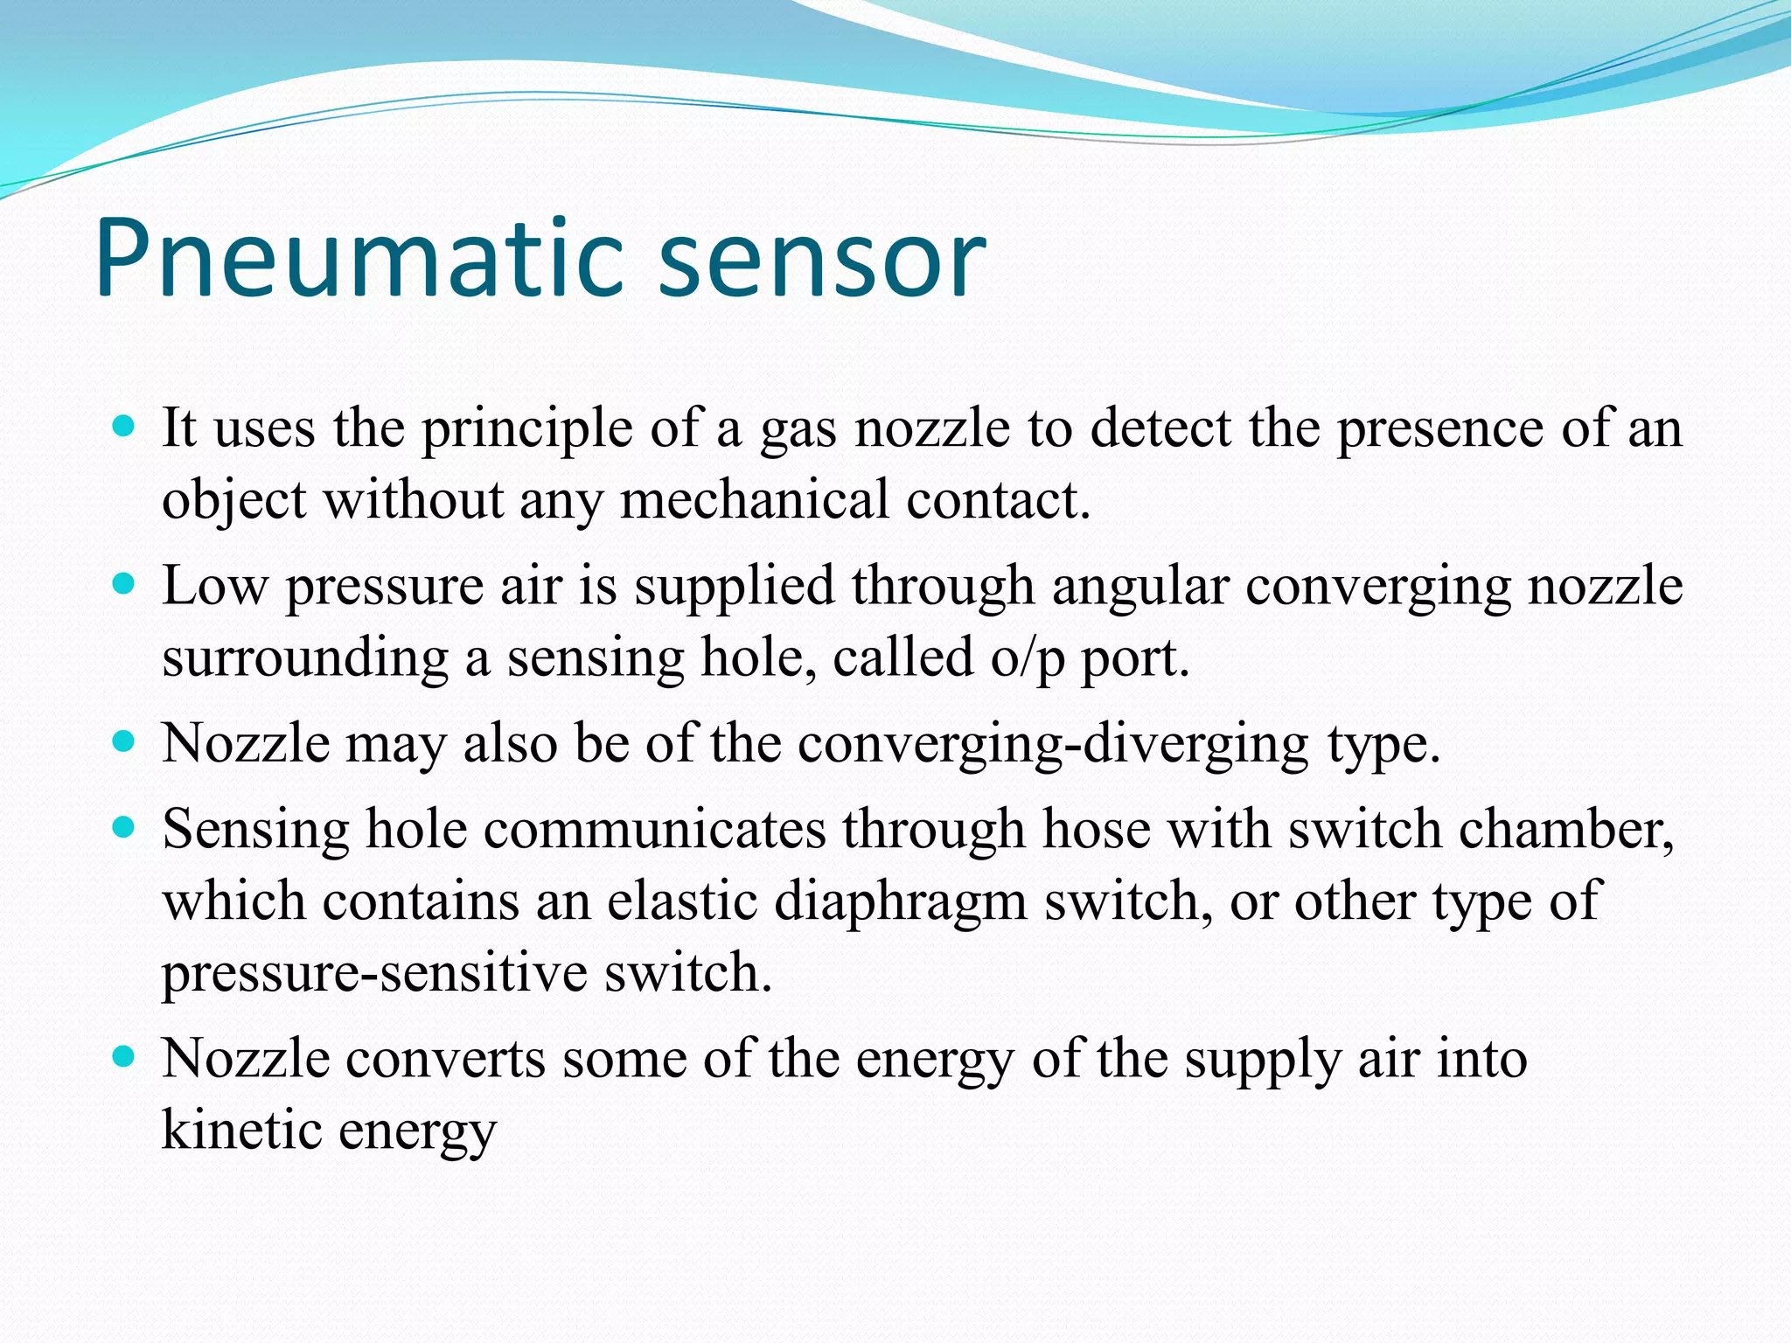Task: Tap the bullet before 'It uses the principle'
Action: [124, 427]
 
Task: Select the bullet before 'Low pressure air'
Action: [124, 583]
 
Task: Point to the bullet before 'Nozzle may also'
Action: [124, 741]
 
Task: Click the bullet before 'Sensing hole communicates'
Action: [124, 827]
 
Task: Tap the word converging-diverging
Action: [1053, 745]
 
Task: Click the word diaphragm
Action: [901, 902]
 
